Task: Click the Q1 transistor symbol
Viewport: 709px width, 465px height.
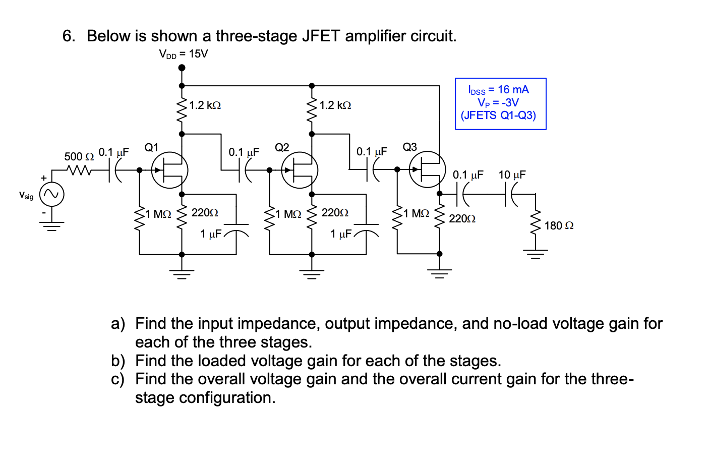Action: pos(170,170)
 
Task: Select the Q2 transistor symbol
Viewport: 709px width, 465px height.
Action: pos(300,170)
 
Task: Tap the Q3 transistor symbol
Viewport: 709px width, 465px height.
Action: pos(428,170)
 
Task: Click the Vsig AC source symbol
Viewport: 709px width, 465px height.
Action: pos(52,195)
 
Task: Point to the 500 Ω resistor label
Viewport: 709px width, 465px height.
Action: pos(79,156)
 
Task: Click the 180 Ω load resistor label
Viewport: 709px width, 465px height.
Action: pos(559,225)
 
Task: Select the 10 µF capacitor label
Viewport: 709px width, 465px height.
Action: pos(512,175)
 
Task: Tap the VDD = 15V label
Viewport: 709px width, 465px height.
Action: pos(183,54)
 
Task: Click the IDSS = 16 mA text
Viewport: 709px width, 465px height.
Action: pos(498,90)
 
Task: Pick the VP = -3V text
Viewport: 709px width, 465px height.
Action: pos(498,102)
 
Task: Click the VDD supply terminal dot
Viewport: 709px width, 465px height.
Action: pos(182,68)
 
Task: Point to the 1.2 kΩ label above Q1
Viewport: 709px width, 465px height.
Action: pos(205,105)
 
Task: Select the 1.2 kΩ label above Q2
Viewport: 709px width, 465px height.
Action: pos(335,105)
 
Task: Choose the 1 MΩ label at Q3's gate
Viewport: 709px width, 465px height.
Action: pos(417,214)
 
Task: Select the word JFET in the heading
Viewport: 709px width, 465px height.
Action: pos(321,36)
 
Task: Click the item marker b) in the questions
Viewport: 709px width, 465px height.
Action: pos(118,361)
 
